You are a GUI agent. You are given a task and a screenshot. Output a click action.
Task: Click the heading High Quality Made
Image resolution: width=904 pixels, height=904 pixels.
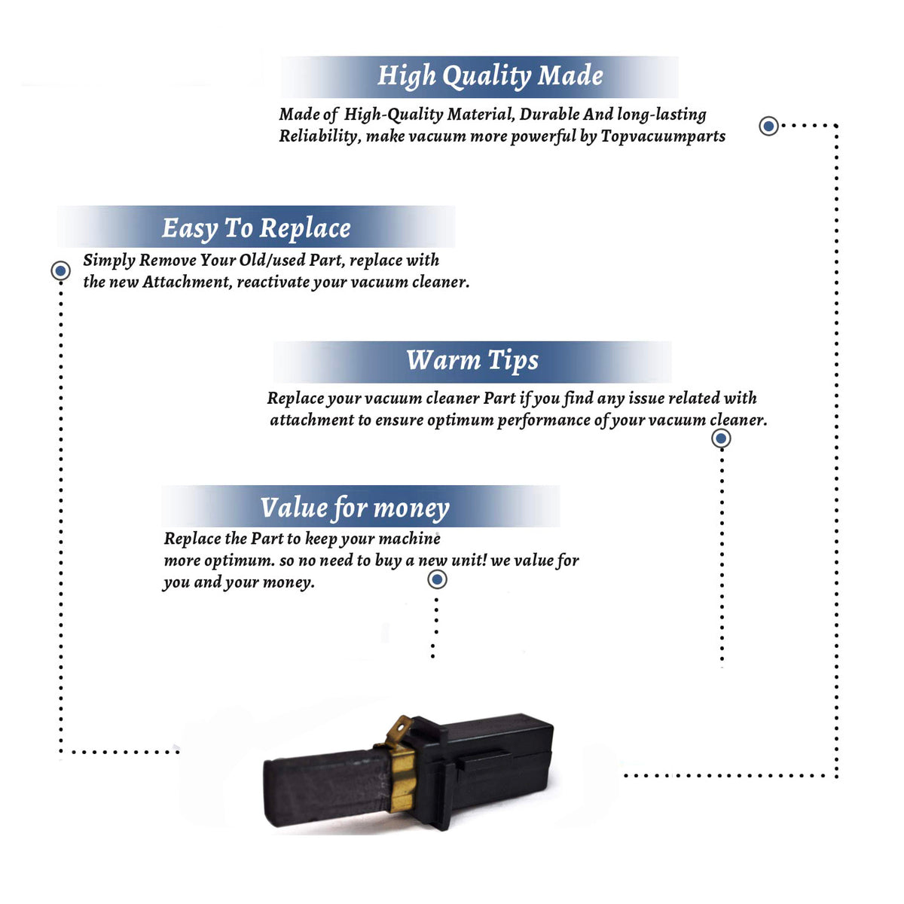490,76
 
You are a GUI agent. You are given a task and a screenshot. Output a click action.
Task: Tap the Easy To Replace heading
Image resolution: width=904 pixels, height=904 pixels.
256,228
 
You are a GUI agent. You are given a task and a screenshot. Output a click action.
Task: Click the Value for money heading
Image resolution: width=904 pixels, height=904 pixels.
355,508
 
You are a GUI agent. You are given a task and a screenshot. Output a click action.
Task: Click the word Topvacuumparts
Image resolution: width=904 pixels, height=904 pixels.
663,136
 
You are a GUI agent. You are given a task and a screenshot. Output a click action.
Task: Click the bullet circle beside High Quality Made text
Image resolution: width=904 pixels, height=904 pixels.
768,126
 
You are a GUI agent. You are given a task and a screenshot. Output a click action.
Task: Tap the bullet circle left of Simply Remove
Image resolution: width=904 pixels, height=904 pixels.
60,270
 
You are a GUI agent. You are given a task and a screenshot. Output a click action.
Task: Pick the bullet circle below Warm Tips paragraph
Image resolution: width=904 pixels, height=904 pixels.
721,438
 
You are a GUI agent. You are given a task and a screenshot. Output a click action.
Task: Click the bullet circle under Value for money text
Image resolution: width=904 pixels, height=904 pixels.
437,579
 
